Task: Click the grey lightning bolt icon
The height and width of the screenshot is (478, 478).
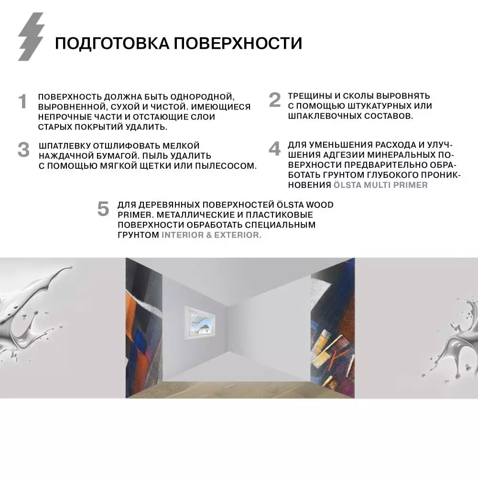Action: click(x=31, y=37)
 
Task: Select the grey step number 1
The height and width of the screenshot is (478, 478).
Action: click(x=22, y=102)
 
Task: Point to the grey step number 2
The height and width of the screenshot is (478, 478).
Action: click(x=274, y=100)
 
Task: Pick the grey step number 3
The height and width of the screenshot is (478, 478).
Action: click(x=23, y=150)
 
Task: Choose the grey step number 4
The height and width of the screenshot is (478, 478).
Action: click(x=274, y=149)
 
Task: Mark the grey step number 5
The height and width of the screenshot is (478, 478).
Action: click(x=103, y=209)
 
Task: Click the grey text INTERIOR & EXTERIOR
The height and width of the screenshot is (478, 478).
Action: click(x=211, y=235)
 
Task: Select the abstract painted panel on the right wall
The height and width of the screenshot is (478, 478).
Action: click(x=333, y=330)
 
